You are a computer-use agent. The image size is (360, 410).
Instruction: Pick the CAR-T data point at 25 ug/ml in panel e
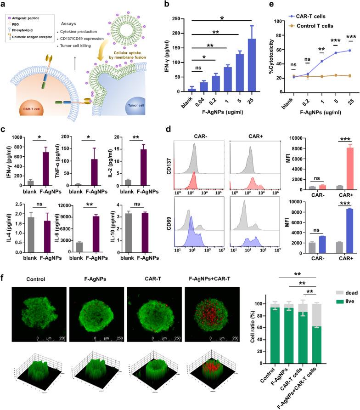351,51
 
